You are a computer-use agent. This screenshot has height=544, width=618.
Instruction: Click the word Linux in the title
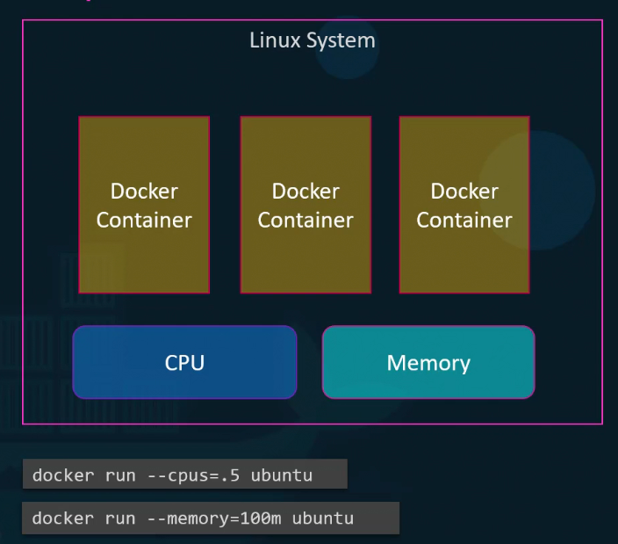click(x=272, y=40)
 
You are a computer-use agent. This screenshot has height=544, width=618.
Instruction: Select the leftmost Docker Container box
click(x=144, y=205)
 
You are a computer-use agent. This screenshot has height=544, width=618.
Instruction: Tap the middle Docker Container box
click(x=305, y=205)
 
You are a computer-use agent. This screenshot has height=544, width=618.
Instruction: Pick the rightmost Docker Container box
click(x=464, y=205)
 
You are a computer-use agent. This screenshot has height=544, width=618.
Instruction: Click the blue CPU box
click(x=184, y=362)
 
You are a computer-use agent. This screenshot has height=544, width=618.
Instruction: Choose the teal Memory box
click(x=428, y=362)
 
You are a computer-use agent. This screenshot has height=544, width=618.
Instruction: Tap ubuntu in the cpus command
click(x=282, y=475)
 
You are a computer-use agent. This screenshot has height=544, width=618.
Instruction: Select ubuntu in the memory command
click(x=323, y=518)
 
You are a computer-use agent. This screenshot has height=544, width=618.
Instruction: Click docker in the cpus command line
click(x=62, y=475)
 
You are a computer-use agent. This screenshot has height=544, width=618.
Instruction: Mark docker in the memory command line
click(x=62, y=518)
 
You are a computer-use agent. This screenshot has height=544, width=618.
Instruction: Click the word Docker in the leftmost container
click(x=144, y=191)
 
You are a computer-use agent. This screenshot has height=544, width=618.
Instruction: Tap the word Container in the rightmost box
click(x=464, y=220)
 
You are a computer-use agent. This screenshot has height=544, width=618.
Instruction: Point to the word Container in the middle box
click(x=305, y=220)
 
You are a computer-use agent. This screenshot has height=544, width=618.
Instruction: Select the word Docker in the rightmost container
click(x=464, y=191)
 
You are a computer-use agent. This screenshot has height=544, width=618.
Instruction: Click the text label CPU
click(x=184, y=362)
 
